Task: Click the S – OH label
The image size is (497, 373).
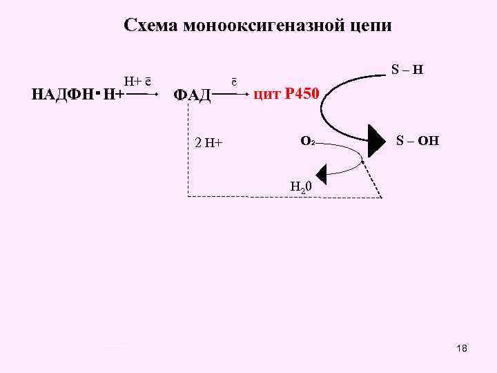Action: [x=417, y=142]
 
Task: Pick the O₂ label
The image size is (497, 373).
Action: [x=308, y=142]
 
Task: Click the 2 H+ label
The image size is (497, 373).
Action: [x=208, y=143]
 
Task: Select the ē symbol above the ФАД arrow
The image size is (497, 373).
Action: [x=234, y=80]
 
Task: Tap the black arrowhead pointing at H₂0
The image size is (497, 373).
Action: [x=321, y=172]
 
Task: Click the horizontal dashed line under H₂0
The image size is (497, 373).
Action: [x=283, y=197]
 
